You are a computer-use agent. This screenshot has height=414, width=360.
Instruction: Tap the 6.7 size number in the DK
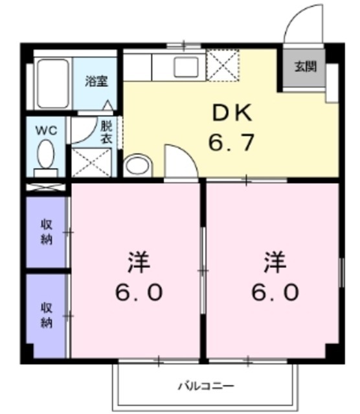[x=231, y=141]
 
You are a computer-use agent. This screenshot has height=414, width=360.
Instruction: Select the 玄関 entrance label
[x=305, y=67]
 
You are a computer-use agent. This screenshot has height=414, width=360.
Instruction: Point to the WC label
[x=46, y=129]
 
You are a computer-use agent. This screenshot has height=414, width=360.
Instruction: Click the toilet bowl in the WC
[x=46, y=155]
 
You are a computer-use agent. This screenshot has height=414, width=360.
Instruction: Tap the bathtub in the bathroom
[x=52, y=84]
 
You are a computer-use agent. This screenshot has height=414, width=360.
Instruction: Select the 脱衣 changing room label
[x=106, y=131]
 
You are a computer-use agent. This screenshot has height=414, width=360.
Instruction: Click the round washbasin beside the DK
[x=137, y=165]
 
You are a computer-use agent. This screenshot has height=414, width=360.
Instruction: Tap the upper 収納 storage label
[x=47, y=232]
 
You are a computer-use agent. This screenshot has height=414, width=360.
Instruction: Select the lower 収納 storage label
[x=47, y=314]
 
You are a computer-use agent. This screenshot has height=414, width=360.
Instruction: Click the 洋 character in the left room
[x=139, y=263]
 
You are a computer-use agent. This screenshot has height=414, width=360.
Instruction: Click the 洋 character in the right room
[x=275, y=263]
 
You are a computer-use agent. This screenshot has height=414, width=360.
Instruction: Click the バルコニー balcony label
[x=206, y=386]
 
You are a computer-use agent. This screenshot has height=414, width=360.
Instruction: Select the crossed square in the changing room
[x=91, y=162]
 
